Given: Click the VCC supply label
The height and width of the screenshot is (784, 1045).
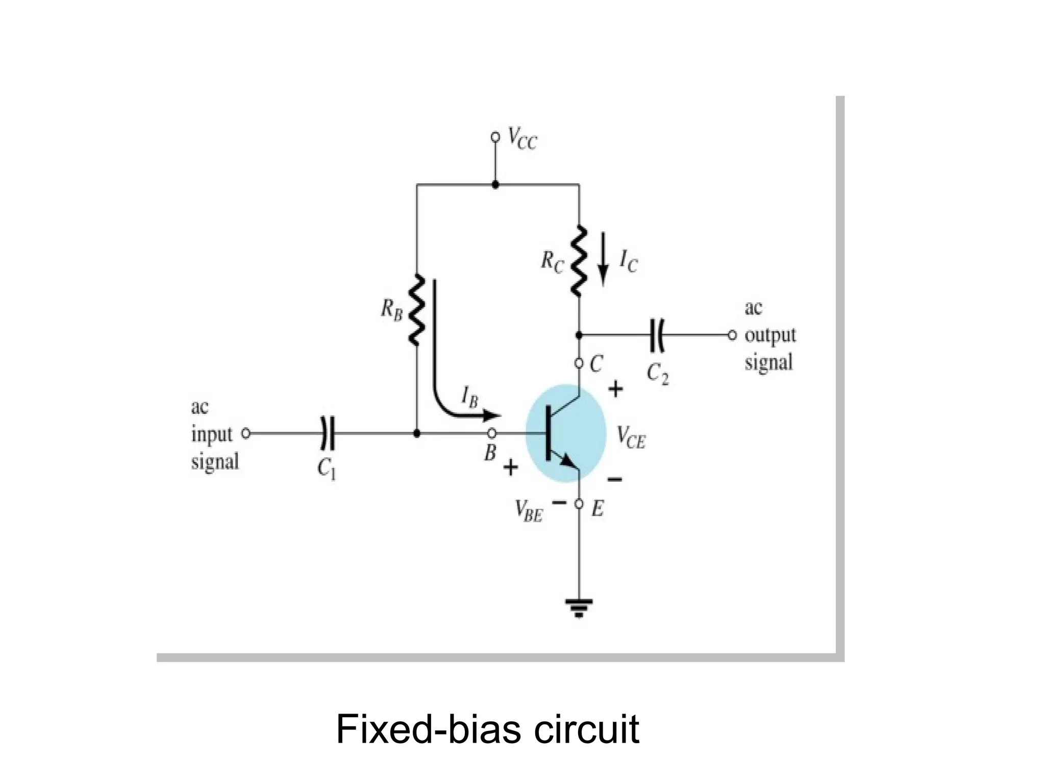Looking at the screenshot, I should [x=522, y=139].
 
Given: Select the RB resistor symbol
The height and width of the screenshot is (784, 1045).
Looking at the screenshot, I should [x=417, y=310].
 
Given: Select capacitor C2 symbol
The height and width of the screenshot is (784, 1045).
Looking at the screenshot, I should [x=657, y=335].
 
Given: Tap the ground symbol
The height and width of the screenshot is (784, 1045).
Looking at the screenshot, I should [x=579, y=608].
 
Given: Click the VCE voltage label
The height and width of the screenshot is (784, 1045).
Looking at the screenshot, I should [x=631, y=437].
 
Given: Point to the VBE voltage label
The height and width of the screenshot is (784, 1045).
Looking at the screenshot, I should [x=529, y=511].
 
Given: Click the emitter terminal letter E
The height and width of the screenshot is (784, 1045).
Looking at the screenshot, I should [x=598, y=509].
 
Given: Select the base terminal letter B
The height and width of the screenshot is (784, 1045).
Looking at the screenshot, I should [x=490, y=452].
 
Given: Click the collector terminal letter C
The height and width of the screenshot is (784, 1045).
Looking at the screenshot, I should [x=596, y=364].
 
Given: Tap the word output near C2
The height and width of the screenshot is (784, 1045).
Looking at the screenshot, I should [x=770, y=335].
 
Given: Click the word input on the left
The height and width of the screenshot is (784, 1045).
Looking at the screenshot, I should [x=212, y=435].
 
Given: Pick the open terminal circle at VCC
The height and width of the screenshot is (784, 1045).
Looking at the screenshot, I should [x=494, y=137].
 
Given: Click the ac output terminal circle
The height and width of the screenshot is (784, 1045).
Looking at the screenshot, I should [x=732, y=335].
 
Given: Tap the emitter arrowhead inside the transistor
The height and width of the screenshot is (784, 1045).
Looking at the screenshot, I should [x=568, y=462].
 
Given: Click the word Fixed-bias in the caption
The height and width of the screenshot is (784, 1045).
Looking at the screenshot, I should [x=428, y=730].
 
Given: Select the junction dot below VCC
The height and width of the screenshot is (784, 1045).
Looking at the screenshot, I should [x=494, y=185].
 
